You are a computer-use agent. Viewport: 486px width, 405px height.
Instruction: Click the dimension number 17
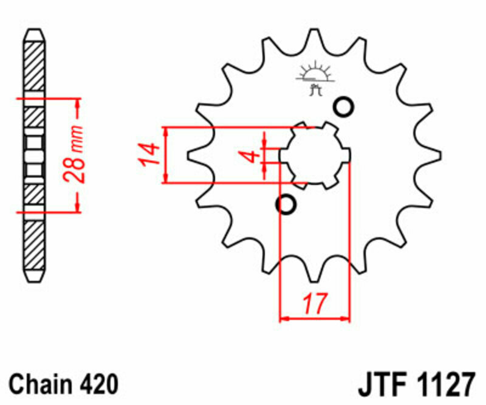pyautogui.click(x=315, y=302)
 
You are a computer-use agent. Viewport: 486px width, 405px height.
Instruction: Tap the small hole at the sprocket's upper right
pyautogui.click(x=343, y=107)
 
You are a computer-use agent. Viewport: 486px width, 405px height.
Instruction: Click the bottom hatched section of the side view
pyautogui.click(x=34, y=246)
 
